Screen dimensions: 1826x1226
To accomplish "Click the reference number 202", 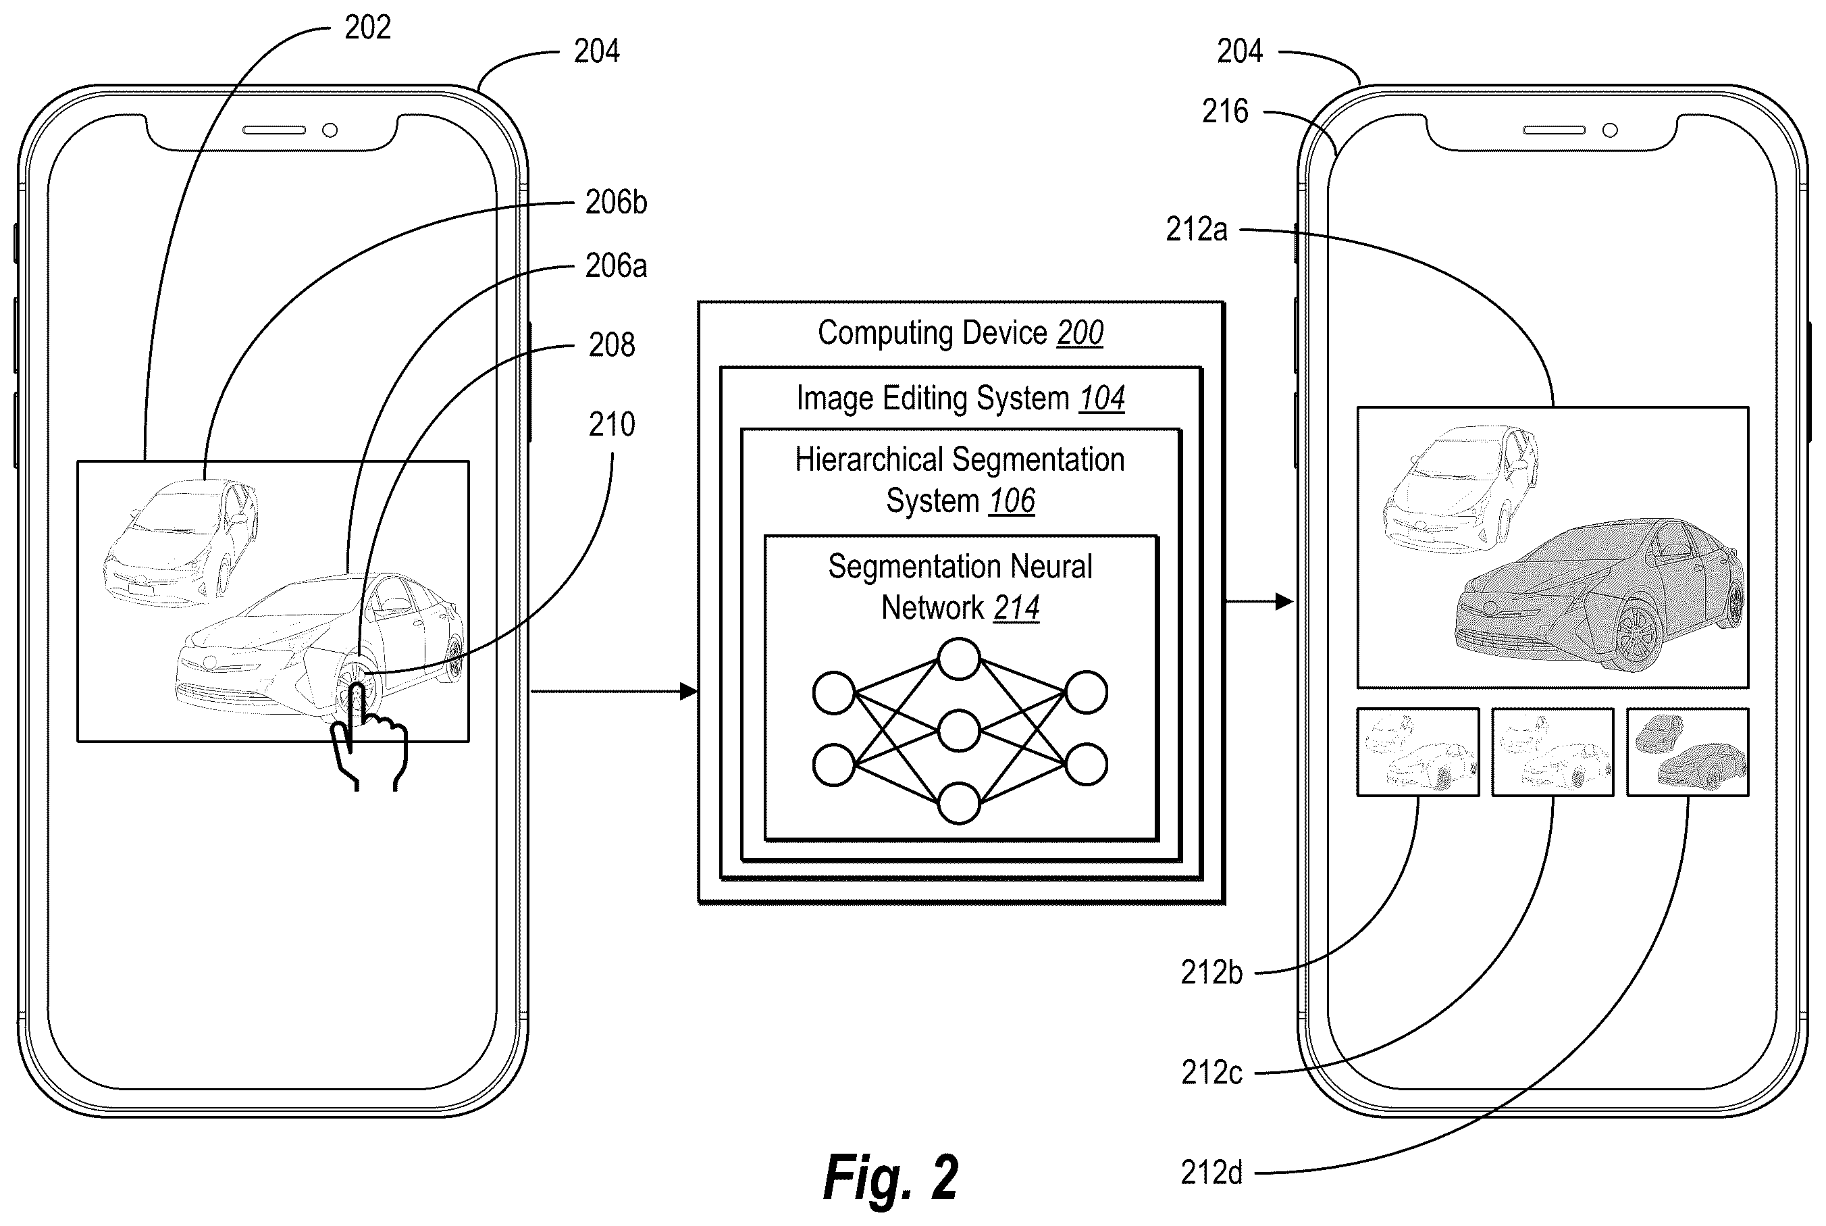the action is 367,28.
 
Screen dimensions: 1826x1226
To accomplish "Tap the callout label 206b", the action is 616,203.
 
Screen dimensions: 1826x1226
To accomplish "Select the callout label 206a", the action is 616,267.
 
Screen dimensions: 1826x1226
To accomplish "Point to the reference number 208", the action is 611,344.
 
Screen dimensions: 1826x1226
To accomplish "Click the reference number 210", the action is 611,425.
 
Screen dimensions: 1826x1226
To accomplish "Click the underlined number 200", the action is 1080,333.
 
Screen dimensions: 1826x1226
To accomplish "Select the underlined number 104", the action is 1101,399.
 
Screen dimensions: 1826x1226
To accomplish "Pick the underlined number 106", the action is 1012,501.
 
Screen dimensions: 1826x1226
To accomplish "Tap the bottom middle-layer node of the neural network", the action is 959,803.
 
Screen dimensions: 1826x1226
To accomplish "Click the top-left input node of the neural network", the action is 834,693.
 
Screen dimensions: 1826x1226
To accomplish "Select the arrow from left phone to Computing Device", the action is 614,691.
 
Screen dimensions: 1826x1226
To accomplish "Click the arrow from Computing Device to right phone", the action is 1259,601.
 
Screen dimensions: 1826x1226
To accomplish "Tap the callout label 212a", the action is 1196,230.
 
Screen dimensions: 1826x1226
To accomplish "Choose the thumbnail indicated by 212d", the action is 1688,752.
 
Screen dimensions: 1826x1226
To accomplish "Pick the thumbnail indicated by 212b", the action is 1418,752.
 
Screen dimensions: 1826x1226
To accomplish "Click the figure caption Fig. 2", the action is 890,1177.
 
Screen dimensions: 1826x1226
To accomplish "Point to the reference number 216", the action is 1225,112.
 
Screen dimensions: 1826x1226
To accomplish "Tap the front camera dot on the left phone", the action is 330,130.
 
